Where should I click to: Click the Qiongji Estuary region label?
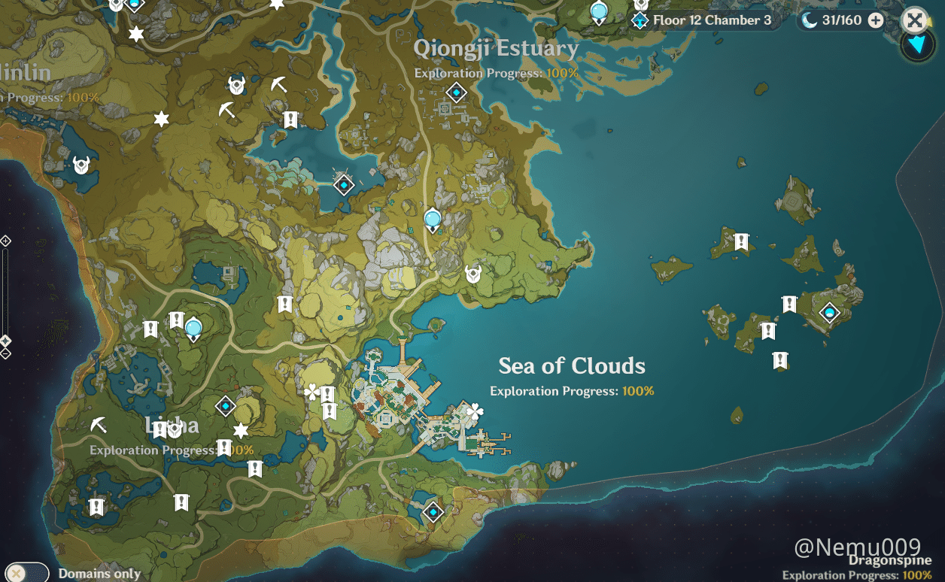[496, 50]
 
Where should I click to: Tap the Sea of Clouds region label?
[572, 366]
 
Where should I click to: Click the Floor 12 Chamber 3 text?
[712, 20]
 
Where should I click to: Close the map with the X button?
[914, 20]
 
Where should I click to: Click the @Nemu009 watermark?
[858, 547]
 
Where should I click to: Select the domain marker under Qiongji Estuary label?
[456, 93]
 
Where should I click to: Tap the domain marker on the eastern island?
[830, 312]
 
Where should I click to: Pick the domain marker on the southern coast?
[433, 513]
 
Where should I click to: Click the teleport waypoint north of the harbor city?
[432, 220]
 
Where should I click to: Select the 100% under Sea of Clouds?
[638, 391]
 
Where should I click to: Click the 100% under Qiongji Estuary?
[562, 73]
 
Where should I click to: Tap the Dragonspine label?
[890, 560]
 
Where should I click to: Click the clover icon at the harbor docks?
[474, 411]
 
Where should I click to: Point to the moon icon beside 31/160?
[809, 20]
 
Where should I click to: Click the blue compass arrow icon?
[917, 45]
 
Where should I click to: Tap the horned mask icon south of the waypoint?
[473, 274]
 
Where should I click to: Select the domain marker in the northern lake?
[344, 184]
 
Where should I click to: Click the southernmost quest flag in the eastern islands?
[780, 361]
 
